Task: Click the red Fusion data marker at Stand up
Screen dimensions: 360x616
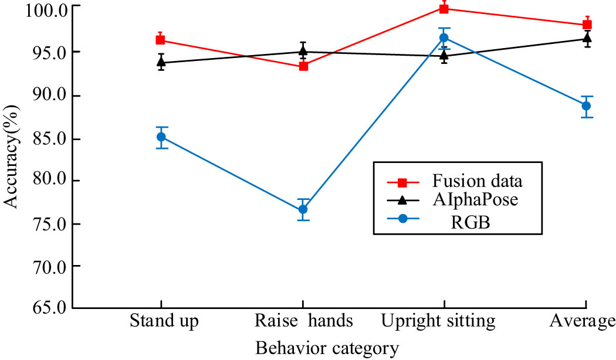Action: (160, 40)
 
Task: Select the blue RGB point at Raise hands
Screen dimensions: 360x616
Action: (303, 209)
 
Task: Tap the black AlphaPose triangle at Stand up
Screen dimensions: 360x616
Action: (160, 62)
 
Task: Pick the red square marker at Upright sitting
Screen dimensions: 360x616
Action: (444, 8)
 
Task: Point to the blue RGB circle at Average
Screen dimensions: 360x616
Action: (586, 106)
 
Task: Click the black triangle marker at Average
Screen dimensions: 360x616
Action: (586, 39)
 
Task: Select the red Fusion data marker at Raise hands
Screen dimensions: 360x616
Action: (303, 66)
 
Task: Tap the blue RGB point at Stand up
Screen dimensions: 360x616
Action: (160, 137)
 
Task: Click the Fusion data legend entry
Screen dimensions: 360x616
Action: (476, 179)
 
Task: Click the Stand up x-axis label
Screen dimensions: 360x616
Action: (164, 321)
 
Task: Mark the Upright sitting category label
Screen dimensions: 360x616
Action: (439, 321)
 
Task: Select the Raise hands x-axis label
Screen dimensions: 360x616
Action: (304, 321)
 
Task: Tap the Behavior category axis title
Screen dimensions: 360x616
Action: (327, 348)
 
